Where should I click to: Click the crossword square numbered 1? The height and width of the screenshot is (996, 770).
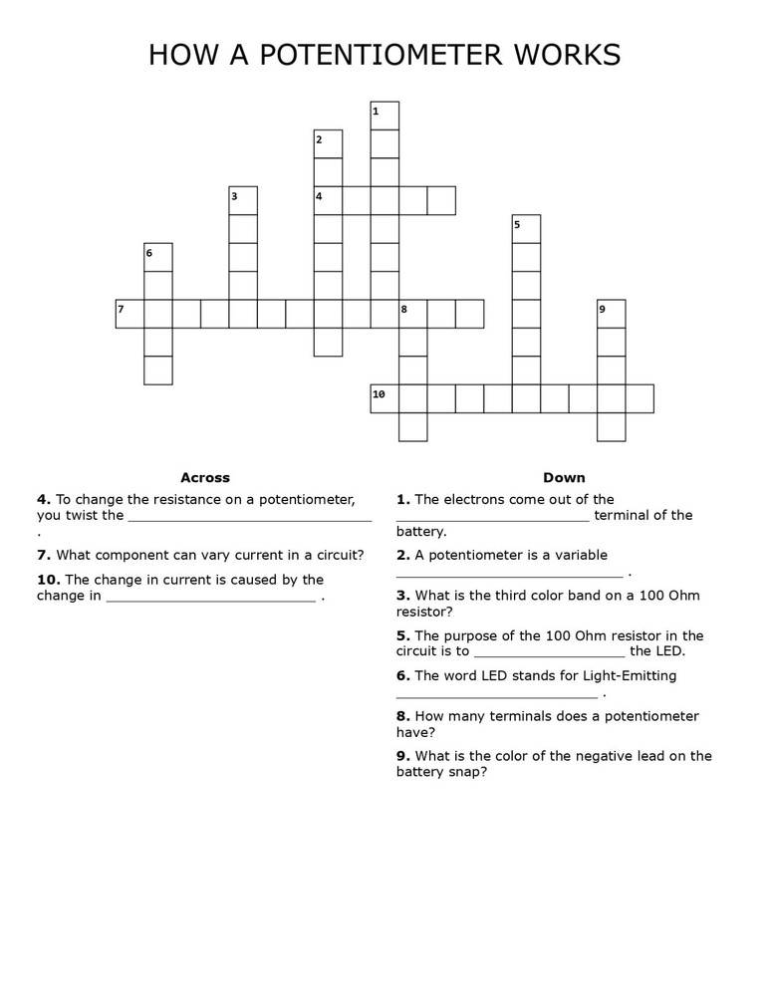pos(385,116)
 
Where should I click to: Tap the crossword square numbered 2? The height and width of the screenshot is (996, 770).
pos(328,144)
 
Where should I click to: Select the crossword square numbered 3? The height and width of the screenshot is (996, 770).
pos(243,200)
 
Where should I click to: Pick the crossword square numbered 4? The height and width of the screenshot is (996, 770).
pos(328,200)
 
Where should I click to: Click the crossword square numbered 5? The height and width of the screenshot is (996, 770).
pos(526,229)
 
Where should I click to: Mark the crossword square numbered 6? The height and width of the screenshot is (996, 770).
pos(158,257)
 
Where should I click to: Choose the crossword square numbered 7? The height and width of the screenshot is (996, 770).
pos(129,314)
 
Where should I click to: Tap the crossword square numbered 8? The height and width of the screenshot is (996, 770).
pos(412,314)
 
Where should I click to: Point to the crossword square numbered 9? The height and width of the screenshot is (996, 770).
pos(611,314)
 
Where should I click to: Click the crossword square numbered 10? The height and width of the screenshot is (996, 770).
pos(385,398)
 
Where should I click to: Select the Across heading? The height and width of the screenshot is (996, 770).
pos(205,478)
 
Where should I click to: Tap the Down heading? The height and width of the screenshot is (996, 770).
pos(564,478)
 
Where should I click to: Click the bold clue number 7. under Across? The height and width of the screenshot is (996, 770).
pos(44,555)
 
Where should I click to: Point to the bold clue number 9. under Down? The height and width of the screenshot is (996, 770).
pos(402,756)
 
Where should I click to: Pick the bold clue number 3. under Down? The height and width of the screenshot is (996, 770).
pos(402,596)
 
